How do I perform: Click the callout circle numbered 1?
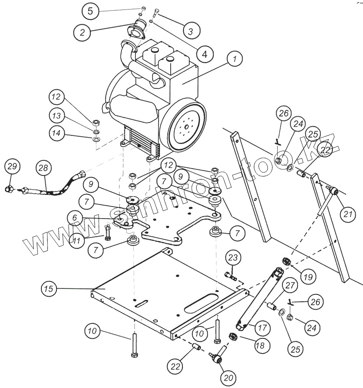tap(235, 59)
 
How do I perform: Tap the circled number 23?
tap(233, 258)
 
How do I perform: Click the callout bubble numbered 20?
tap(228, 378)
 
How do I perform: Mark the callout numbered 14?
tap(56, 134)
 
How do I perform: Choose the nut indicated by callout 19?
tap(285, 261)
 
